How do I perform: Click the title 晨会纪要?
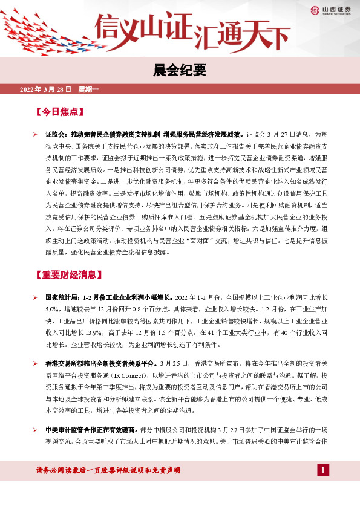(180, 71)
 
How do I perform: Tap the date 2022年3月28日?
(46, 90)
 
